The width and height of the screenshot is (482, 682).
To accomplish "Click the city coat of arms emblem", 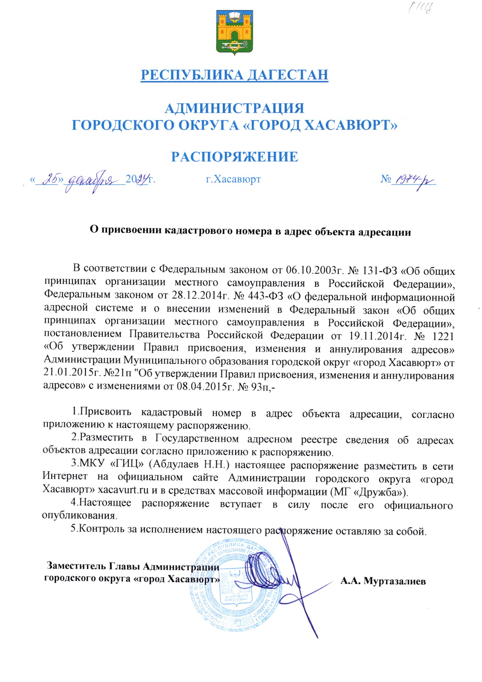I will pos(235,33).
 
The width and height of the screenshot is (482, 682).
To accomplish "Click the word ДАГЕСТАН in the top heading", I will pos(288,75).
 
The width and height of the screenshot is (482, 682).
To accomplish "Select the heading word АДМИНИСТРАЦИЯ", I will pos(235,109).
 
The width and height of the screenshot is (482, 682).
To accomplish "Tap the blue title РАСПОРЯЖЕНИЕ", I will pos(235,157).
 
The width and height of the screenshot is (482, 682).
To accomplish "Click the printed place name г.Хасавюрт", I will pos(233,179).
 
